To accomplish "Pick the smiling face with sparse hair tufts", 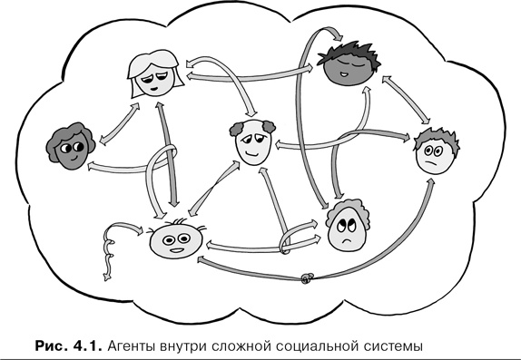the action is (x=174, y=241).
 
